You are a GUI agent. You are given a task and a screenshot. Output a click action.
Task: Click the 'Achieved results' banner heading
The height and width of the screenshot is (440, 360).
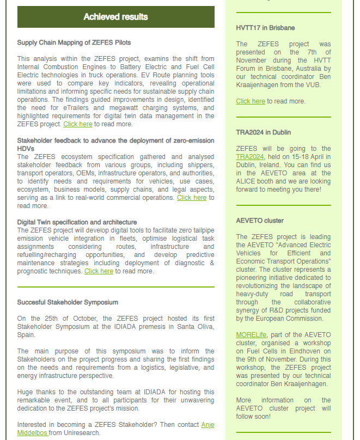coord(115,17)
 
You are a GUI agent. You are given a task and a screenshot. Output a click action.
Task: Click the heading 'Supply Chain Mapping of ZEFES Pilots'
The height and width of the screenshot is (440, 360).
coord(74,42)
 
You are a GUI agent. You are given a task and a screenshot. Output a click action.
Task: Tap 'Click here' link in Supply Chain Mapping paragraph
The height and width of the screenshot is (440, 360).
coord(78,124)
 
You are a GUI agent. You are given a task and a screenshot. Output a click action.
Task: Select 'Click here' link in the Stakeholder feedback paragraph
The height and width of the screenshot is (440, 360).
coord(192,198)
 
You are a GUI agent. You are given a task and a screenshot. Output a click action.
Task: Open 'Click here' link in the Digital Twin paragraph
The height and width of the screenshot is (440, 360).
coord(99,271)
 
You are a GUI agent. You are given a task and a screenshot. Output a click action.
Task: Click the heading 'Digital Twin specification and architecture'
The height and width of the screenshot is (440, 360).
coord(77,222)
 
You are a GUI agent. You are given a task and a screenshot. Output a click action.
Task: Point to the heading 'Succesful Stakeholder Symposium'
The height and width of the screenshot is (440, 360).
coord(68,302)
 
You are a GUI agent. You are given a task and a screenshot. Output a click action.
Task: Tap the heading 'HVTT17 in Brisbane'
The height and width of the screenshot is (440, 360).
coord(265,28)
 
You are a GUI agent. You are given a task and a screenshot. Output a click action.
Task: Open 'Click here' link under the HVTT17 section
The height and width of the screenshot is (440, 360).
coord(251,101)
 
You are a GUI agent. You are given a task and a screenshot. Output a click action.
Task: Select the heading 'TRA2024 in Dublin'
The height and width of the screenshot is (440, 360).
coord(263,132)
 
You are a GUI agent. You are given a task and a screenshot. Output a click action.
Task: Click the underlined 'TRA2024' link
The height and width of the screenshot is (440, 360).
coord(250,157)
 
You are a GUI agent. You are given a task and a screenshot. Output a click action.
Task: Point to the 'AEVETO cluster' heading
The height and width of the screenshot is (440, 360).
coord(260,221)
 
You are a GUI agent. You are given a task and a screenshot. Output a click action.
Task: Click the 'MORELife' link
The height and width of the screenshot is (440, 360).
coord(251,335)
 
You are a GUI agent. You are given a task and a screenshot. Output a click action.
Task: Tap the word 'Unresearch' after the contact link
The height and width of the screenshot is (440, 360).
coord(82,433)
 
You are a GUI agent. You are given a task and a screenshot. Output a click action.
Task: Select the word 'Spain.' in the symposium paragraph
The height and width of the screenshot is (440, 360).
coord(26,335)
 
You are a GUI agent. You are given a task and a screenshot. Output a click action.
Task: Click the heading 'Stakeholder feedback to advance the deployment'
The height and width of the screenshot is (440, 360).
coord(115,140)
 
